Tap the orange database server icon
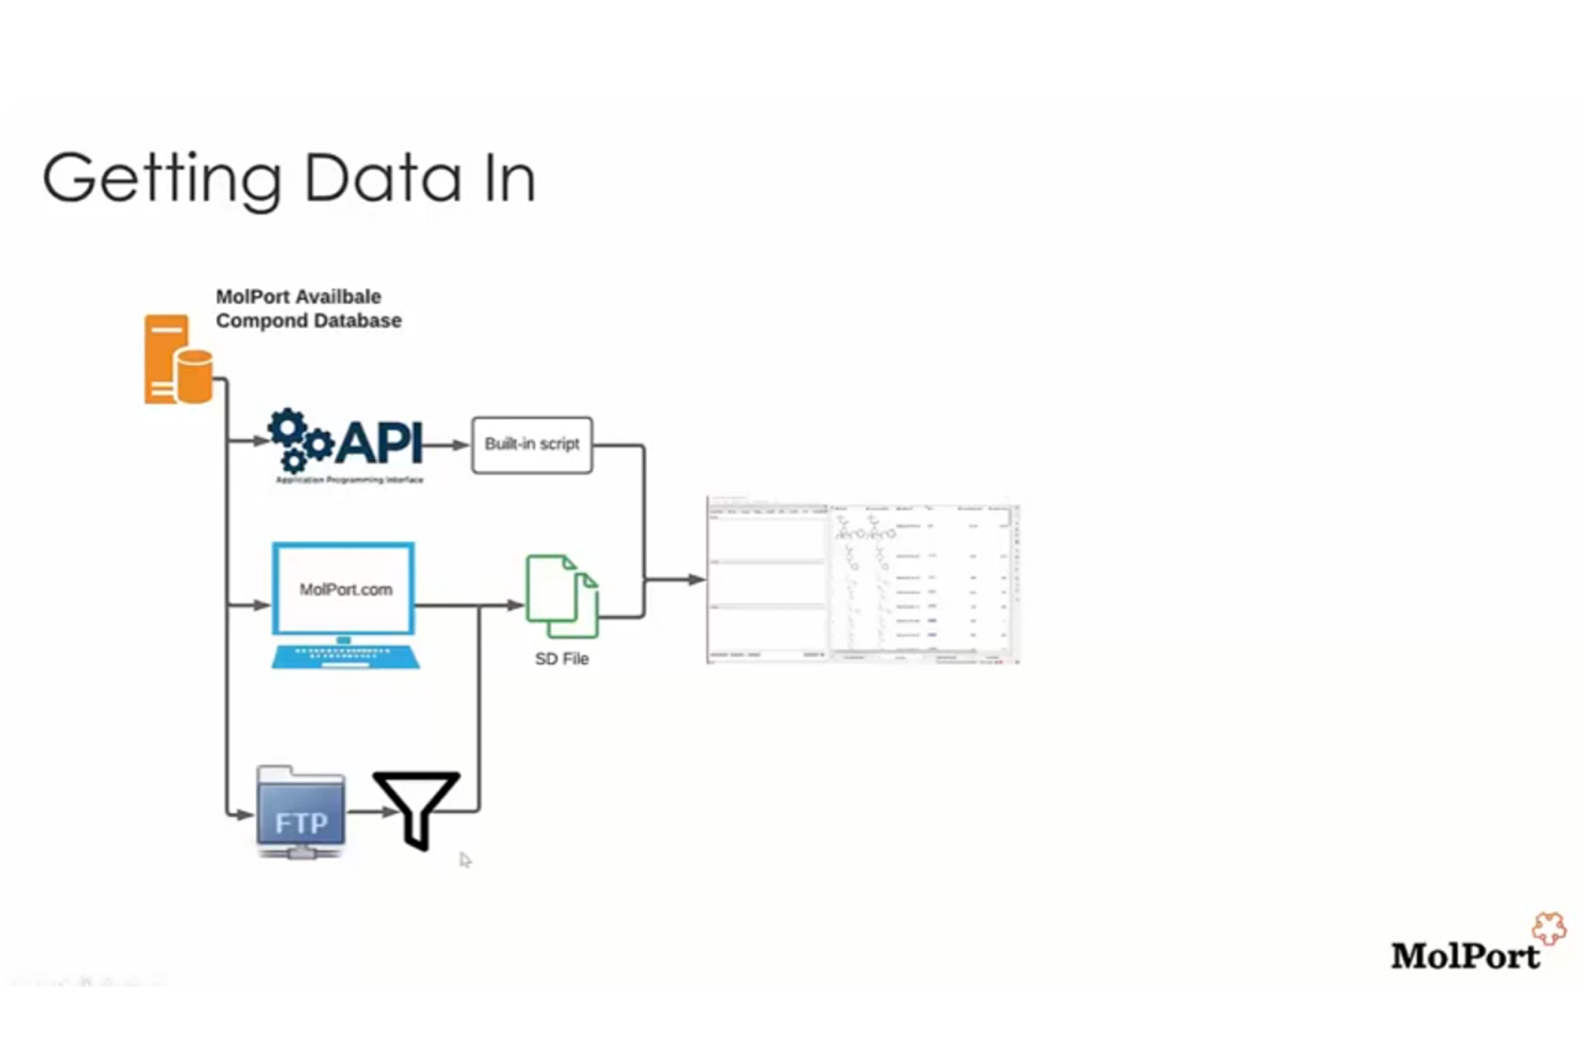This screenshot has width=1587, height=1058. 177,360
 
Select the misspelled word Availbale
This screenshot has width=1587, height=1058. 339,297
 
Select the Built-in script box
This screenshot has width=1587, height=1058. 532,445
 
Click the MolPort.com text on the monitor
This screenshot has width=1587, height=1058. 346,590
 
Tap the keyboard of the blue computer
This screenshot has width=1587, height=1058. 345,657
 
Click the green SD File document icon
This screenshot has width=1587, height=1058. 562,596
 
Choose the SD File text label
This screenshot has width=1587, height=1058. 562,659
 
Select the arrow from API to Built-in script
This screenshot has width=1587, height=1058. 446,445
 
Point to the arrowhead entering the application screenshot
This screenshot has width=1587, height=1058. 696,580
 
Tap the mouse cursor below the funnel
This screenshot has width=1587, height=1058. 466,860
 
